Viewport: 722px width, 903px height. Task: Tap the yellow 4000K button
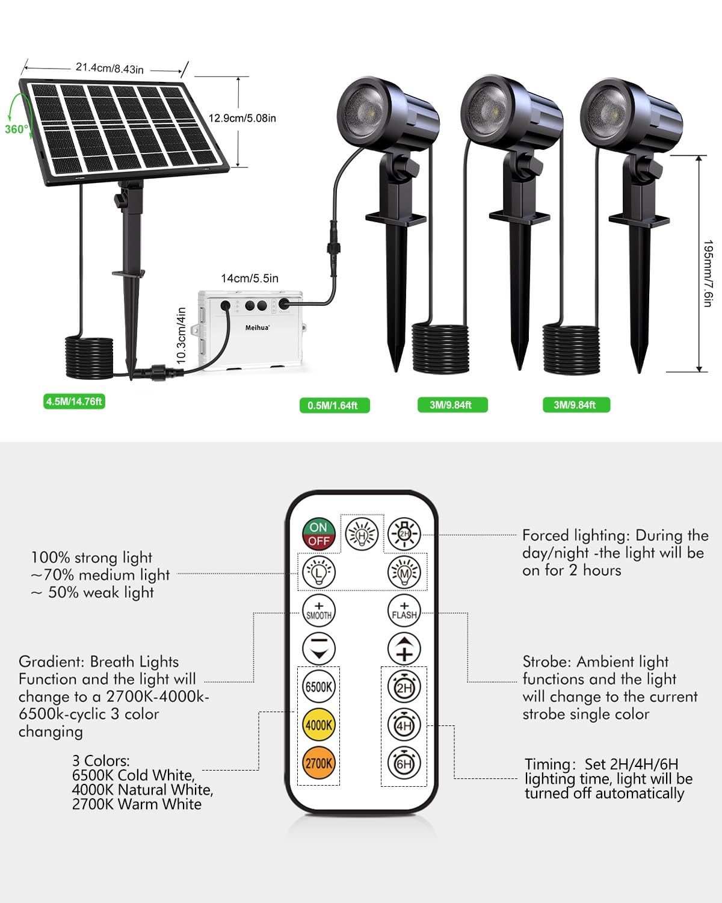click(x=319, y=725)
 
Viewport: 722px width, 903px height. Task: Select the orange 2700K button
click(x=319, y=763)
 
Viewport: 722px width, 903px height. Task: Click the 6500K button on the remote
click(x=319, y=687)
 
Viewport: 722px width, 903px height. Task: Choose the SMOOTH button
click(x=319, y=611)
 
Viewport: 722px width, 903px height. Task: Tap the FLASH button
click(x=404, y=611)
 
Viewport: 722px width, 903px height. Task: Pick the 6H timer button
click(x=404, y=763)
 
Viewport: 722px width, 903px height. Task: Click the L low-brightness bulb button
click(x=319, y=573)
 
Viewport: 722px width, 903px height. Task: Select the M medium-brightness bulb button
click(x=404, y=573)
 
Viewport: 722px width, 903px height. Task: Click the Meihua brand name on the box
click(x=257, y=327)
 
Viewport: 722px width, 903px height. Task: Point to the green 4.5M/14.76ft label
click(x=74, y=402)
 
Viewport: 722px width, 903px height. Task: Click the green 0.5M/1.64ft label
click(x=335, y=405)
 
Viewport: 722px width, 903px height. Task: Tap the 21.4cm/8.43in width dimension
click(x=110, y=69)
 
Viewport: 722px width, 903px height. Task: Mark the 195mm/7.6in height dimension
click(x=708, y=273)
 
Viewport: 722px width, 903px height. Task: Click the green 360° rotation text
click(x=17, y=129)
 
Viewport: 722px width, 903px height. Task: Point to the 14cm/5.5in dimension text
click(x=250, y=278)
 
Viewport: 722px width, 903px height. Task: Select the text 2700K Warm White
click(x=137, y=804)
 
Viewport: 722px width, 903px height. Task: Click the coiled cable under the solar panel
click(x=90, y=357)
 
